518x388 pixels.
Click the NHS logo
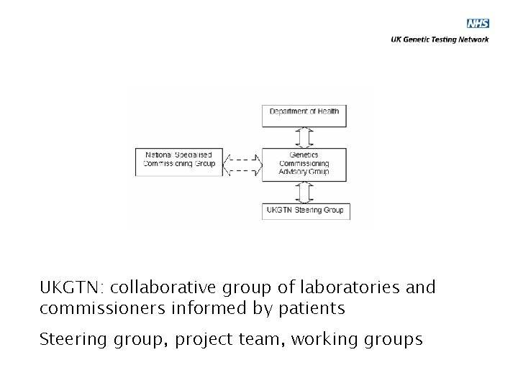tap(478, 24)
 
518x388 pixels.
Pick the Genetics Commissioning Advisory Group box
tap(304, 163)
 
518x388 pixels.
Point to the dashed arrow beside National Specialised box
tap(242, 163)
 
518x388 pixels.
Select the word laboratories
tap(345, 288)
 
